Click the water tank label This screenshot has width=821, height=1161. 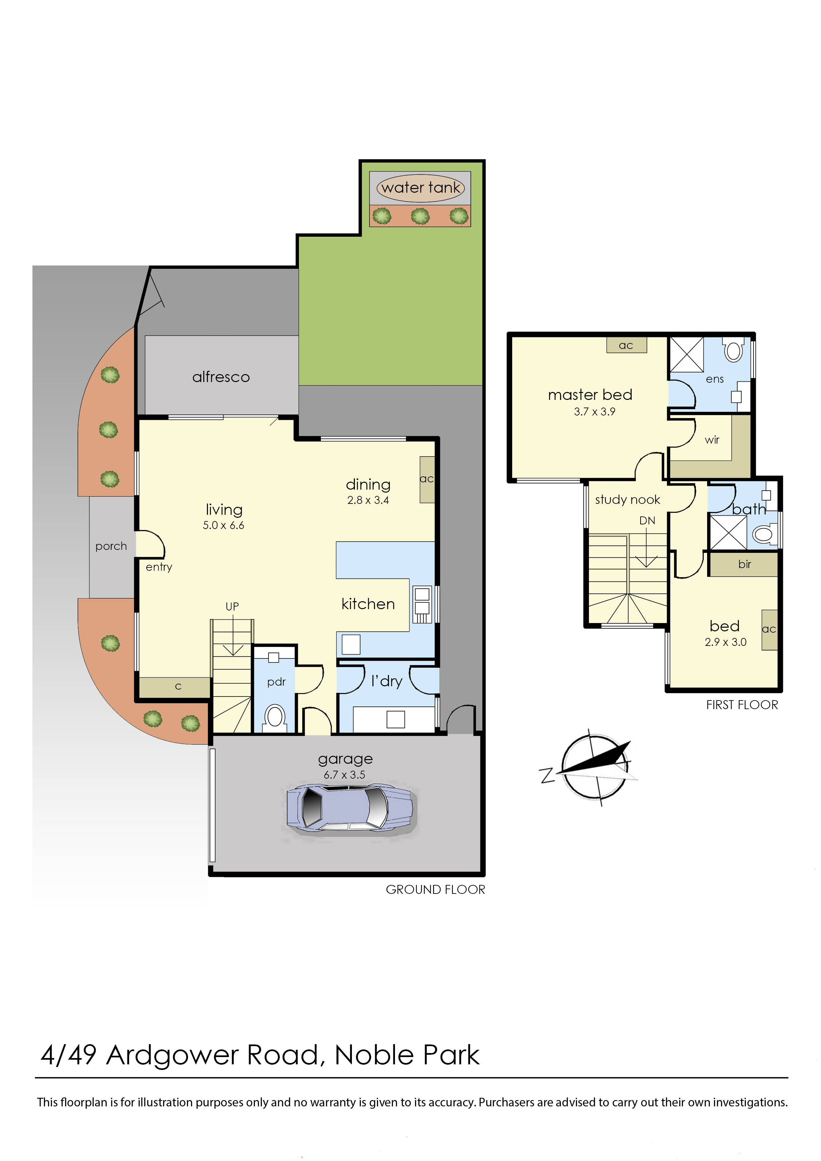point(421,188)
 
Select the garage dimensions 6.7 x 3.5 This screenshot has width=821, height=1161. point(344,775)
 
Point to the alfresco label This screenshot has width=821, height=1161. point(221,377)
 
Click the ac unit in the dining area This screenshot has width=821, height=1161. point(427,479)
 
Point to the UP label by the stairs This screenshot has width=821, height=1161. point(232,606)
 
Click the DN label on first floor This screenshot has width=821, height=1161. point(647,520)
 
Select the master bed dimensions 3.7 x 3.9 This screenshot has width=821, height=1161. point(595,411)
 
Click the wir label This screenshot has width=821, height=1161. point(712,440)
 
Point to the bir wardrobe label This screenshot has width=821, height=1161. point(744,564)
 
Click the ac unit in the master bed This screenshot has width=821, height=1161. point(626,345)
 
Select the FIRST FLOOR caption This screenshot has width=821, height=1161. point(742,705)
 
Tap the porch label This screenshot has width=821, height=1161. point(111,546)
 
